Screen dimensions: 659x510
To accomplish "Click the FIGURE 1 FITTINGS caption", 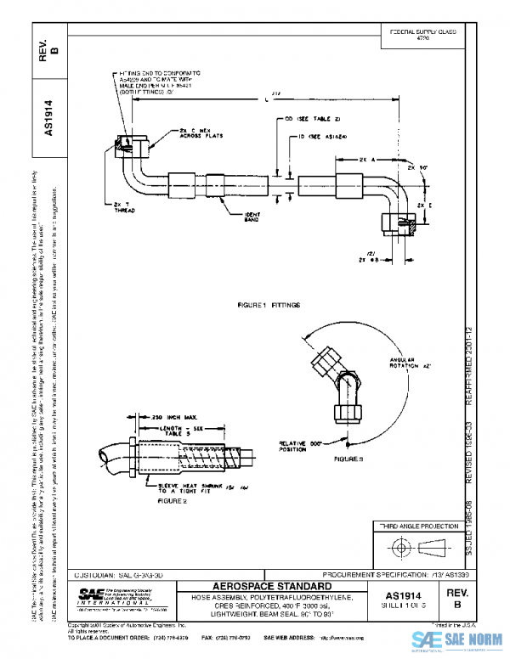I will [269, 303].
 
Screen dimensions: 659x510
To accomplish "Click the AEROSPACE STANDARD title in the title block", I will [272, 586].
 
